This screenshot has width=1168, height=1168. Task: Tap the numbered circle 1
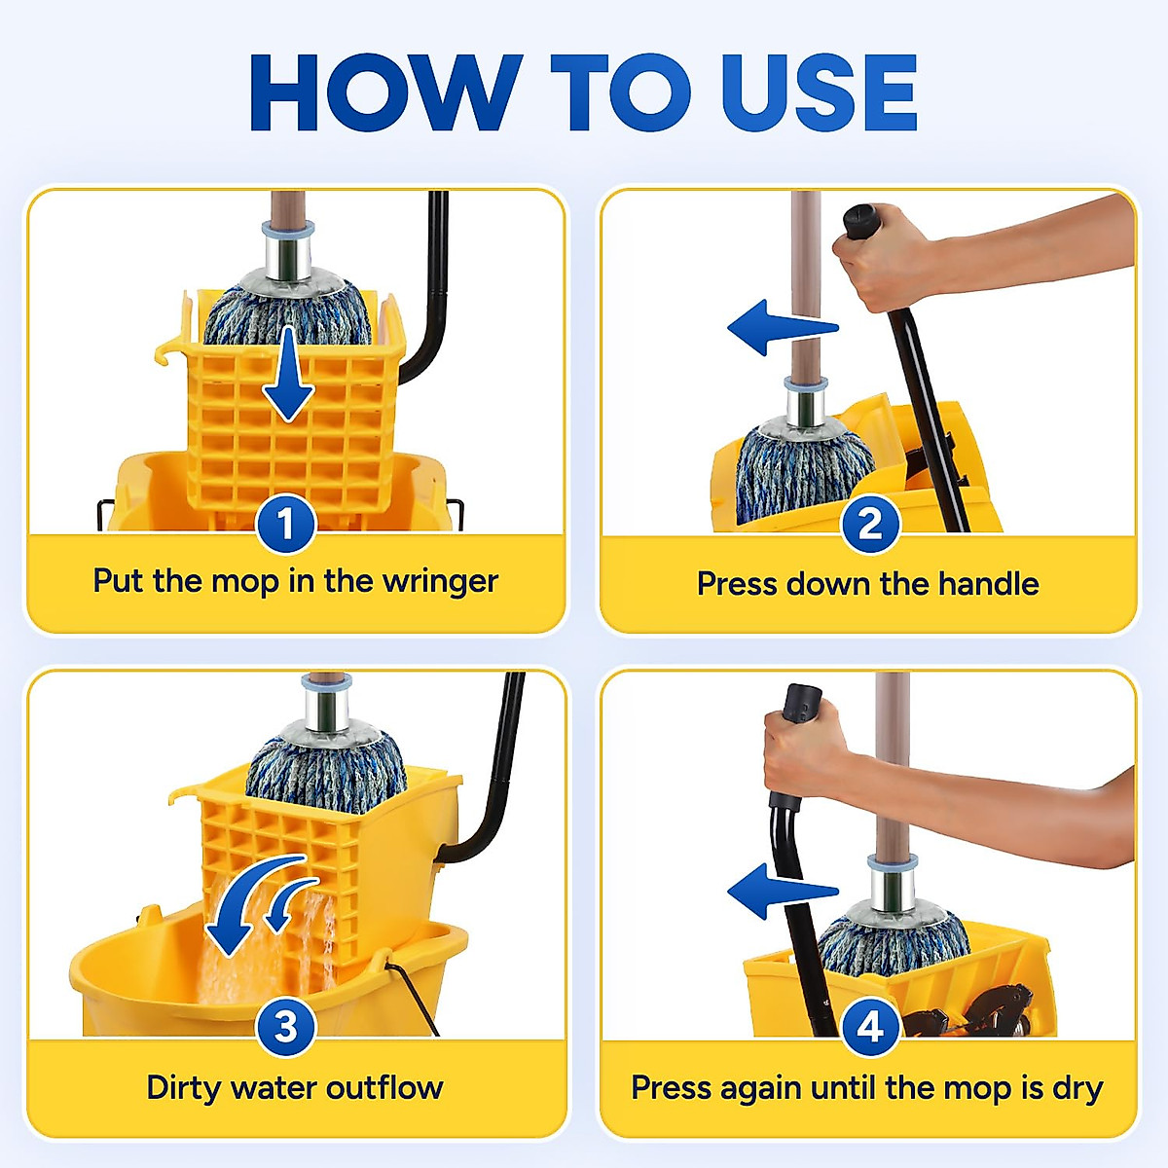285,526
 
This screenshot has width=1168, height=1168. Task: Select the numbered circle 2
869,526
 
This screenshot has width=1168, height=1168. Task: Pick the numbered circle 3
285,1027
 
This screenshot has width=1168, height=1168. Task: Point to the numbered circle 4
869,1027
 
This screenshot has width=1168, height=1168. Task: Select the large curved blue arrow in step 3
243,905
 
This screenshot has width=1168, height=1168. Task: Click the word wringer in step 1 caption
440,582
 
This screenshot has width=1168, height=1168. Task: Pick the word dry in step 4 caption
1077,1087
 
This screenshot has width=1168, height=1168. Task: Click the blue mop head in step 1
287,311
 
